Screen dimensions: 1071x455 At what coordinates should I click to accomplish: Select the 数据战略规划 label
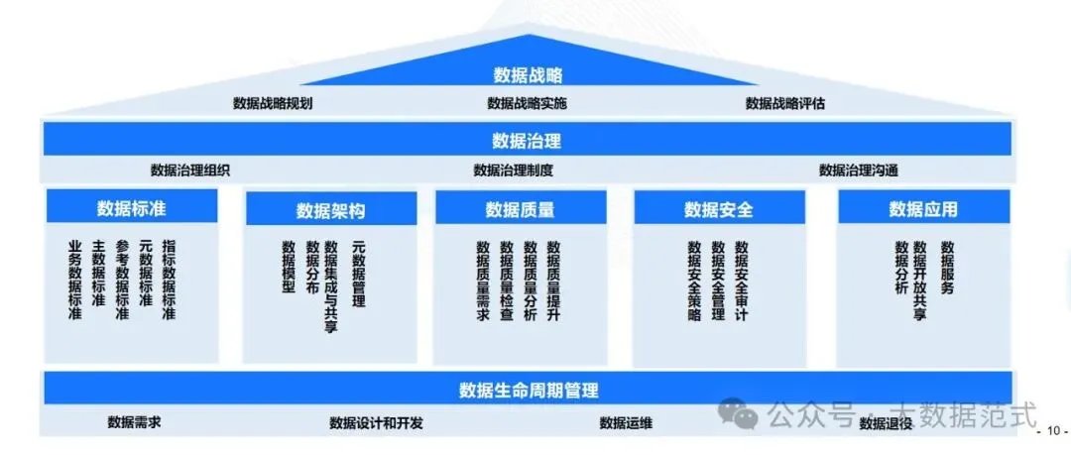(x=273, y=103)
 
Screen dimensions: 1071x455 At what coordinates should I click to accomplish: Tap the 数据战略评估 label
(x=785, y=103)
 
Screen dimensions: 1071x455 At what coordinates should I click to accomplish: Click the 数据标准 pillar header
(x=132, y=207)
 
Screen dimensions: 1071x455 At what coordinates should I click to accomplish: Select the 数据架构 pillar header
(x=330, y=210)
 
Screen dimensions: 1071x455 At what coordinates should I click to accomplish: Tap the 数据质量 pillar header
(x=520, y=209)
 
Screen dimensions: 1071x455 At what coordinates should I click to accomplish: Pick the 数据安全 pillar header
(x=719, y=209)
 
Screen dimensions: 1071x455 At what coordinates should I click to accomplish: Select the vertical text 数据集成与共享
(x=330, y=285)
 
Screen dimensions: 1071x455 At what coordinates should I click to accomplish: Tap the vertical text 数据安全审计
(x=741, y=281)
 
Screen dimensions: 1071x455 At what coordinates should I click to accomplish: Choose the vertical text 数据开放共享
(x=921, y=281)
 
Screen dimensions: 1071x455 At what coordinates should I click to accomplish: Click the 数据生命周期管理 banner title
(x=529, y=389)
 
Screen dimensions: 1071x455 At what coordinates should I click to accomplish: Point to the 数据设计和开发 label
(x=376, y=423)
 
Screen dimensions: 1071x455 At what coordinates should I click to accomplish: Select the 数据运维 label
(x=626, y=423)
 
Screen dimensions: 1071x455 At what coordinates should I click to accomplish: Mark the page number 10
(x=1051, y=431)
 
